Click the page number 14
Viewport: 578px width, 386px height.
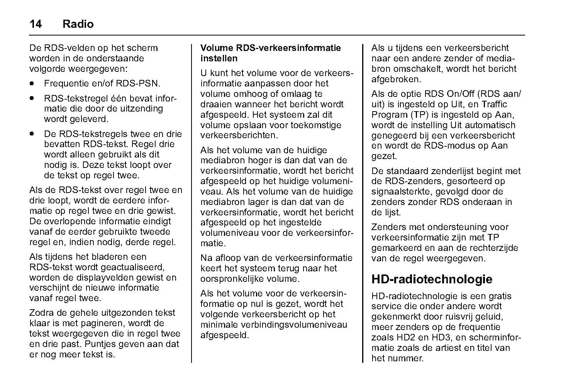tap(36, 24)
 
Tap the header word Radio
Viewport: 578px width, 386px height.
tap(78, 24)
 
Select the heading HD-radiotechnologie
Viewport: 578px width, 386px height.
tap(432, 279)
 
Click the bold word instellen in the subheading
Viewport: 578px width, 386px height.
tap(219, 59)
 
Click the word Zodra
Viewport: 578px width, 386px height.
tap(41, 313)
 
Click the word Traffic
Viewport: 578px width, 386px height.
tap(505, 104)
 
